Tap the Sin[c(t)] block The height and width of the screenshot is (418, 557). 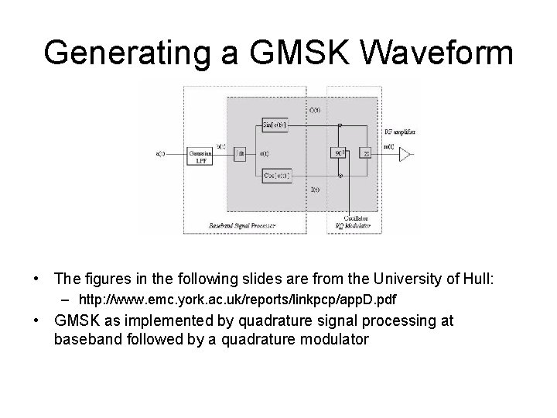(x=275, y=124)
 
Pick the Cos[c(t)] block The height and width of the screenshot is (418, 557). (x=275, y=176)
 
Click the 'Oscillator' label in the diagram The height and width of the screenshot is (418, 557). (x=357, y=219)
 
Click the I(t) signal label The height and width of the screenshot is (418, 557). (x=315, y=189)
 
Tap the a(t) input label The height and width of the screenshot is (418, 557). (x=161, y=153)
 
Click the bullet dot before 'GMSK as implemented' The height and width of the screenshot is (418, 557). (x=36, y=320)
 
